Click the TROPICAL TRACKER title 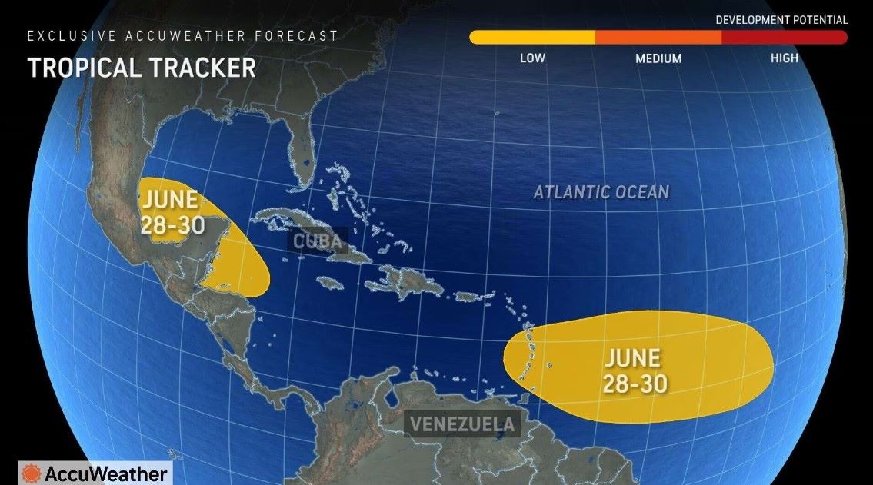click(142, 68)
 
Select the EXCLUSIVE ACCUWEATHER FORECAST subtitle click(182, 36)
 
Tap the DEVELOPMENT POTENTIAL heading click(781, 20)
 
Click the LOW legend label click(532, 58)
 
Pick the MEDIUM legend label click(658, 58)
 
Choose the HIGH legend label click(785, 58)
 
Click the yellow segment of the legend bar click(532, 37)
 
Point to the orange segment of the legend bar click(658, 37)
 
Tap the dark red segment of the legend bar click(785, 37)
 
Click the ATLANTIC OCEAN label click(601, 192)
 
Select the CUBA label click(317, 241)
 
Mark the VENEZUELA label click(461, 424)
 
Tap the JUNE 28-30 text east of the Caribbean click(632, 370)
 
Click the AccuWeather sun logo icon click(32, 473)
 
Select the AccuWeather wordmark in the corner click(105, 473)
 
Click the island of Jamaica click(331, 283)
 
